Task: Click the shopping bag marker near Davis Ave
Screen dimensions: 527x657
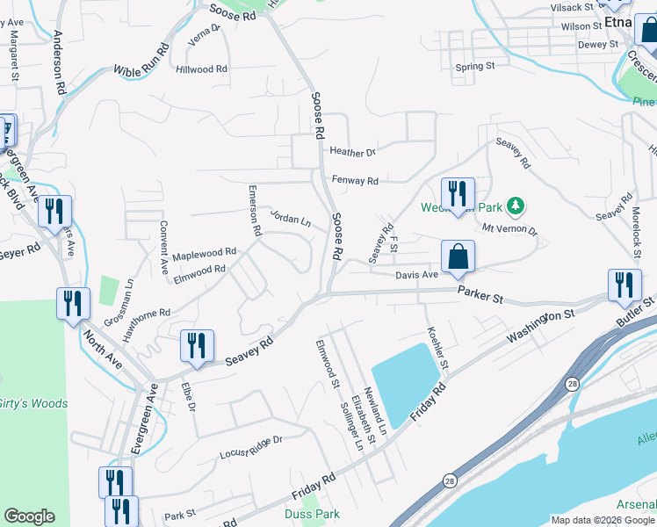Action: pos(458,256)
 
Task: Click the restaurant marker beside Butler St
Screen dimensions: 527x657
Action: pos(624,285)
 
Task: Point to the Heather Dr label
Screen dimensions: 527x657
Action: pos(352,152)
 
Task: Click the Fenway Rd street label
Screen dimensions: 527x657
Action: pos(355,181)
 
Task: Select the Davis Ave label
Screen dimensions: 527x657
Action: pos(416,275)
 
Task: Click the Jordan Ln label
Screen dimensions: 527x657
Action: pos(290,218)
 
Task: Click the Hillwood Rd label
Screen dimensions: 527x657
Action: pos(201,69)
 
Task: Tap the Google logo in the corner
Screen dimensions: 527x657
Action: pos(29,516)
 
